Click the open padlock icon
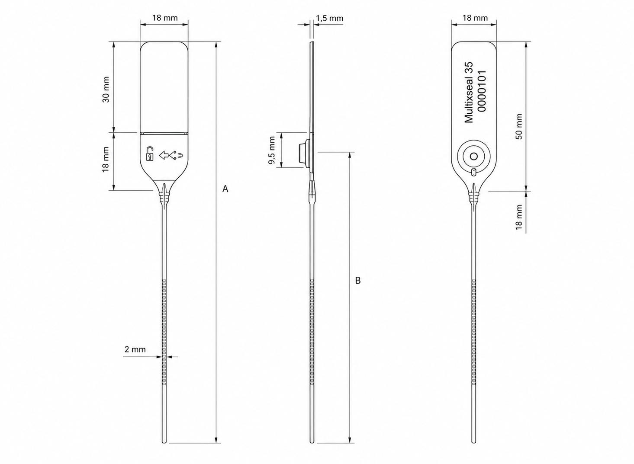pyautogui.click(x=150, y=154)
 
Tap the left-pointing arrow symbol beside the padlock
pyautogui.click(x=164, y=155)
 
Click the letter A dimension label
pyautogui.click(x=225, y=189)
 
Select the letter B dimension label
pyautogui.click(x=358, y=280)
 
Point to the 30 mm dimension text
pyautogui.click(x=106, y=90)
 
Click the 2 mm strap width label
pyautogui.click(x=135, y=349)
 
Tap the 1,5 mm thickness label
pyautogui.click(x=329, y=19)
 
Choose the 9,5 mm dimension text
pyautogui.click(x=272, y=150)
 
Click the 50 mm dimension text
pyautogui.click(x=519, y=126)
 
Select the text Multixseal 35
pyautogui.click(x=469, y=93)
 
